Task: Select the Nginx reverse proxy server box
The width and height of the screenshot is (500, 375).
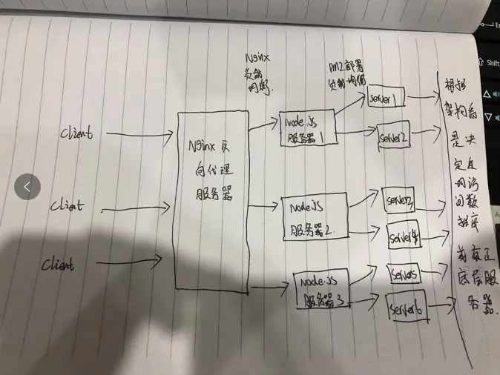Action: coord(213,200)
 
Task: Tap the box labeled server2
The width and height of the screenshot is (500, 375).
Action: coord(395,138)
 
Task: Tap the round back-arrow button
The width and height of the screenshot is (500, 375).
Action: coord(27,187)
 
